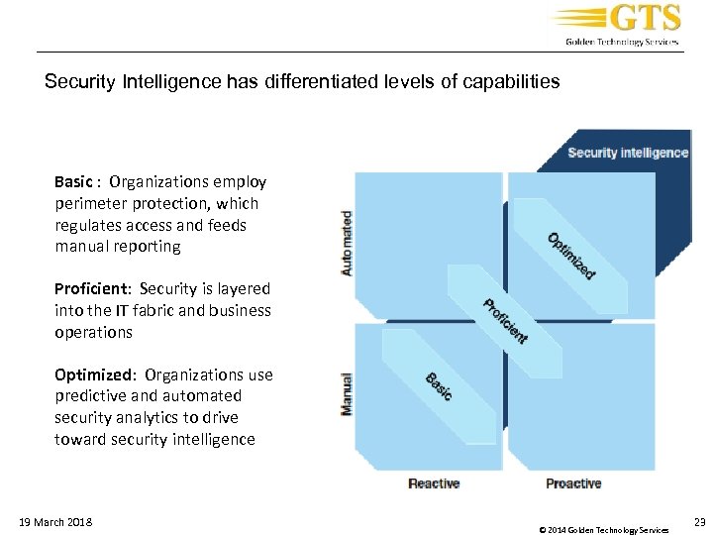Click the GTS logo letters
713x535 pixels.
644,19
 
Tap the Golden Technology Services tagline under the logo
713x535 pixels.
622,42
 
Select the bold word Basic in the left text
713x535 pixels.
73,181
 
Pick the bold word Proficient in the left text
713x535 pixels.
92,288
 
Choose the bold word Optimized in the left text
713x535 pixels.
94,374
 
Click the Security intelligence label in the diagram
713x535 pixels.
628,153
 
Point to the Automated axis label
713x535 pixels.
347,243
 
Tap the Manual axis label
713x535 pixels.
347,393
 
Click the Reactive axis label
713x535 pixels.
434,483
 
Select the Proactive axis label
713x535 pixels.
573,483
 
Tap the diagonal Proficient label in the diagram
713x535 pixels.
505,321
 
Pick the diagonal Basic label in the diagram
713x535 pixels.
439,385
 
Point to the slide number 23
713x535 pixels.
700,521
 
